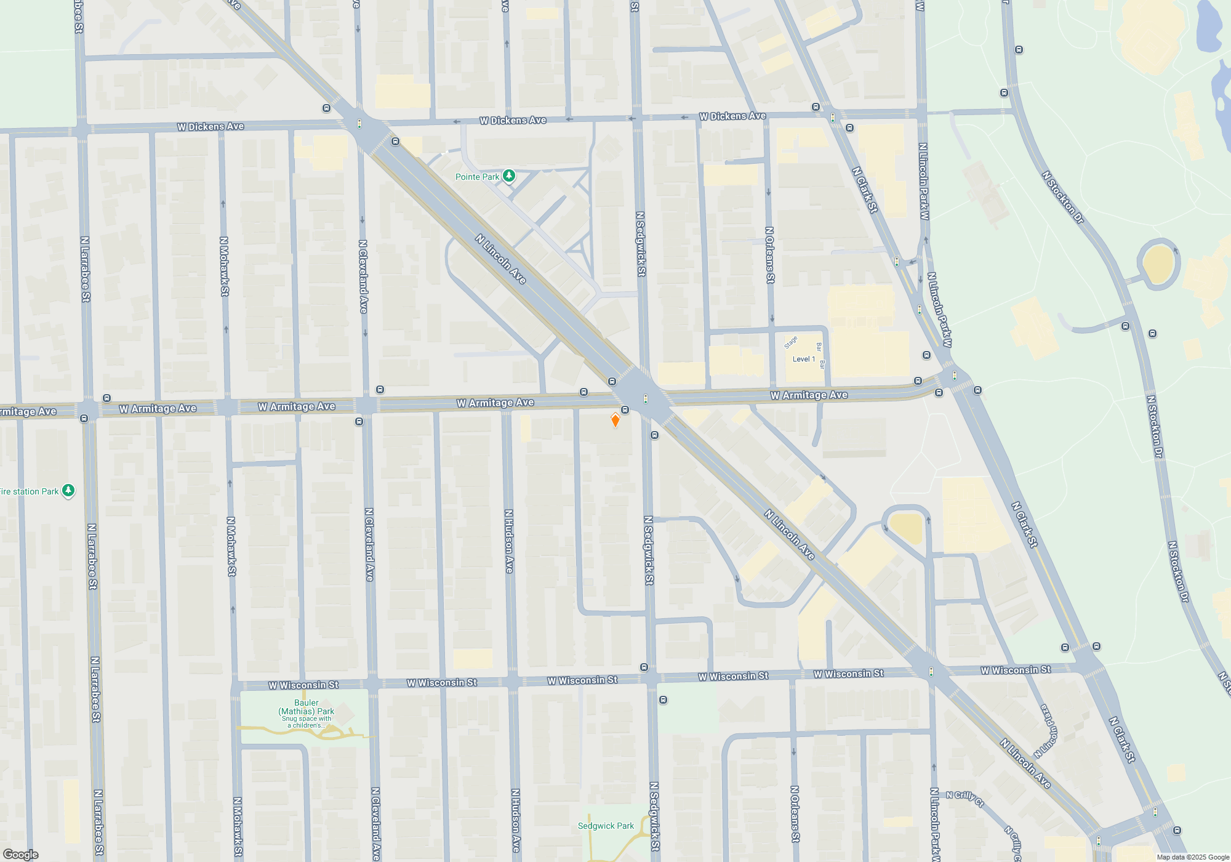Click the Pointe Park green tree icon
point(509,176)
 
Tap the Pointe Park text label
point(477,177)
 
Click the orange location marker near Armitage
point(615,420)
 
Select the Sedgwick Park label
point(606,826)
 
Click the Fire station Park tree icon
point(68,491)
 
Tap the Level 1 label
point(803,359)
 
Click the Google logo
point(20,854)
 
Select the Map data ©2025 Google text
point(1193,857)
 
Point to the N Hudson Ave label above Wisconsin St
point(509,541)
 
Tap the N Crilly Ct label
point(964,798)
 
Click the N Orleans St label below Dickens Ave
point(769,255)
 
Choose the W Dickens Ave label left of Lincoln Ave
point(211,127)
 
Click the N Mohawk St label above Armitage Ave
point(224,266)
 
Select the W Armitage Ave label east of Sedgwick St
point(809,395)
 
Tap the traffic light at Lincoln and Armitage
point(645,399)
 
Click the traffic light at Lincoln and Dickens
point(359,124)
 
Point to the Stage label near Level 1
point(791,342)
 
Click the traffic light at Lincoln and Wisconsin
point(931,671)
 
